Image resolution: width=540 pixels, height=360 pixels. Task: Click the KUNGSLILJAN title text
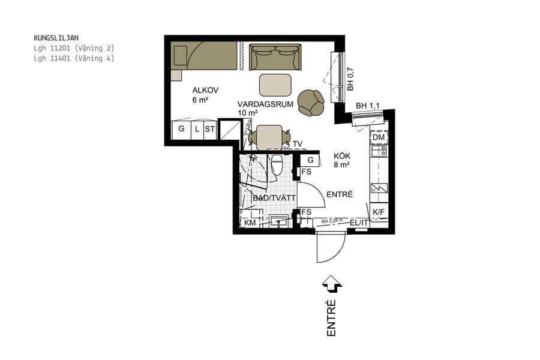click(x=56, y=38)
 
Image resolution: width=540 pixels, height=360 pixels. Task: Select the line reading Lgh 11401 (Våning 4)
click(x=74, y=58)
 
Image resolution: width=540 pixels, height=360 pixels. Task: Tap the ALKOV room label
click(x=205, y=91)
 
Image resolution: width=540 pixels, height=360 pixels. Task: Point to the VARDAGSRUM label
click(x=265, y=104)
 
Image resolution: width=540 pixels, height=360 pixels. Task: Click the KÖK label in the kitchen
click(x=343, y=155)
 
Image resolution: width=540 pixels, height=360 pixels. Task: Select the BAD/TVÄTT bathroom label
click(x=274, y=198)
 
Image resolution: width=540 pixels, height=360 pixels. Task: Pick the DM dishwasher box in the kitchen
click(x=378, y=138)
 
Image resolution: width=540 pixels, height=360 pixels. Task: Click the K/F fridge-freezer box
click(x=379, y=212)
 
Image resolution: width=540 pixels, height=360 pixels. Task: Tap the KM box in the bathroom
click(x=250, y=223)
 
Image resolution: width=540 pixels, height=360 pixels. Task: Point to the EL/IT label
click(x=359, y=223)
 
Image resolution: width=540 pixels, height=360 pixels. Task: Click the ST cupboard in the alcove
click(x=209, y=129)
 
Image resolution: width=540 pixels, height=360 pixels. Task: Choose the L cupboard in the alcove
click(x=197, y=129)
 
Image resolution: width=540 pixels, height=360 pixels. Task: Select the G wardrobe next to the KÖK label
click(x=310, y=160)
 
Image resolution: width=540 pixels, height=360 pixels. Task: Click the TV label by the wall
click(x=298, y=144)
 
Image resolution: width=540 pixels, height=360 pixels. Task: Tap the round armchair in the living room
click(x=311, y=102)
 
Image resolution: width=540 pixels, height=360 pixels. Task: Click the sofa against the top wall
click(x=275, y=56)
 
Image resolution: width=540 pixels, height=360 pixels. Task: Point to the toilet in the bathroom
click(x=277, y=164)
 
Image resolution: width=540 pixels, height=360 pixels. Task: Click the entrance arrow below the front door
click(x=331, y=284)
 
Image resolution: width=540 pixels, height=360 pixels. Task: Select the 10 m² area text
click(x=247, y=113)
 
